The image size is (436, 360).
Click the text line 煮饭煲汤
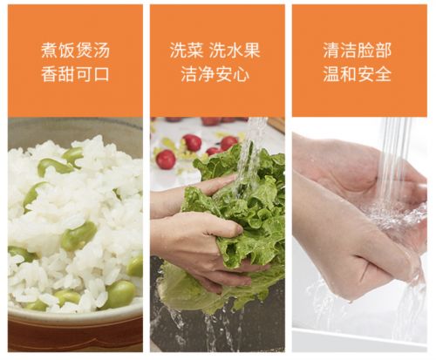[75, 51]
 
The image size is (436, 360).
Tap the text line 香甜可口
[75, 74]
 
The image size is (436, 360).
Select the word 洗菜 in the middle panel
[187, 50]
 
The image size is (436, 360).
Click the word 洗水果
[235, 50]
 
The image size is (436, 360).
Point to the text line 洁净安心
[215, 74]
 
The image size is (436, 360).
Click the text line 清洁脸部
[358, 50]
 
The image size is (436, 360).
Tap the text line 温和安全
[358, 74]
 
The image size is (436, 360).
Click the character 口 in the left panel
[101, 74]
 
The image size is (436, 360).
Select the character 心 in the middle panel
[241, 74]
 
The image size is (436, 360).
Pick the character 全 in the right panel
[383, 74]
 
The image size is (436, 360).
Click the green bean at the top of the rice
[73, 155]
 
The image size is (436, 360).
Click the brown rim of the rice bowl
[75, 331]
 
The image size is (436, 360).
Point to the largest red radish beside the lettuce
[166, 160]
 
